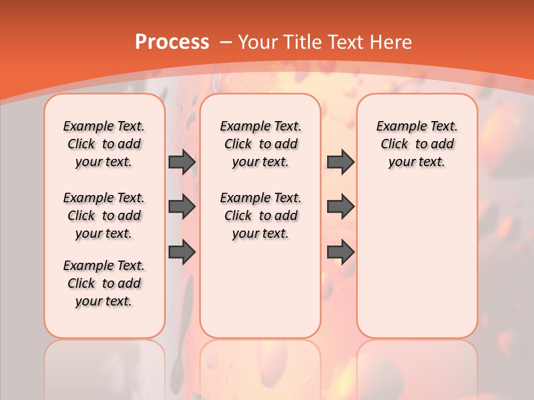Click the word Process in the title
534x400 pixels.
click(172, 42)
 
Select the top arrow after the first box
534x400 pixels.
click(182, 162)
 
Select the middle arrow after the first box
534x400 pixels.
click(182, 207)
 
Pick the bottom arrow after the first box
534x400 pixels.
click(182, 252)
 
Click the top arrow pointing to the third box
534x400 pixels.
click(340, 162)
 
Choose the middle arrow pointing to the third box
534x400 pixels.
click(340, 207)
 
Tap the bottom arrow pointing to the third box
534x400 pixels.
click(340, 252)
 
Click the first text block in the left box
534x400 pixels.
click(104, 144)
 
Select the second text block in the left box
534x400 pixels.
click(104, 216)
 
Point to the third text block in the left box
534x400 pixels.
click(104, 283)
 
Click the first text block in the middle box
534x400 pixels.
click(261, 144)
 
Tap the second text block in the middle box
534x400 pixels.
click(261, 216)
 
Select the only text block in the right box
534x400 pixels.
click(417, 144)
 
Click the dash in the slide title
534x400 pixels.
click(226, 42)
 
